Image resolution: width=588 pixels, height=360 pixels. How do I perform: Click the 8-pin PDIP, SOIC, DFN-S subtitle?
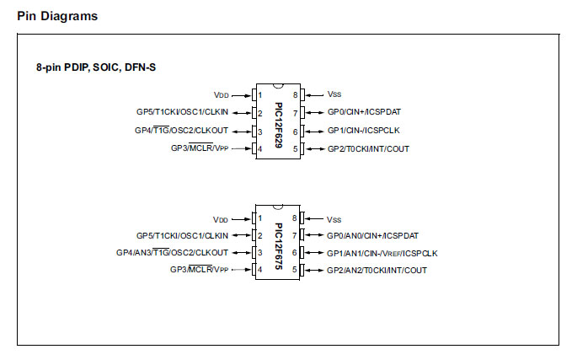tap(95, 67)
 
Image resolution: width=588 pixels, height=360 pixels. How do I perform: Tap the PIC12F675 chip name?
tap(279, 243)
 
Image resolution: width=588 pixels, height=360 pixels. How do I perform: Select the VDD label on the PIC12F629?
tap(221, 94)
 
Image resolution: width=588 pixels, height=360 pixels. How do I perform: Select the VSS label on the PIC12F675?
tap(334, 218)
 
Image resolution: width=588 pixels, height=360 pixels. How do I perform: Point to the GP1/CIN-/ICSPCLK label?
tap(364, 131)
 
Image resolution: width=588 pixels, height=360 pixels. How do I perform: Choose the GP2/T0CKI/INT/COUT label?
tap(368, 149)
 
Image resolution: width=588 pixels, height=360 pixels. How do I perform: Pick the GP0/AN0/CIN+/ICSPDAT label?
tap(373, 236)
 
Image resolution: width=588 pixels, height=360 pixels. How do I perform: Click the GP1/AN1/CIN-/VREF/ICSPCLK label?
tap(382, 253)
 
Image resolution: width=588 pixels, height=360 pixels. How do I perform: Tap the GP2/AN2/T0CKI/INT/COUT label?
tap(377, 271)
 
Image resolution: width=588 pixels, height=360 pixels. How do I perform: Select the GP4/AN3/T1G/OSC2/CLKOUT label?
tap(172, 253)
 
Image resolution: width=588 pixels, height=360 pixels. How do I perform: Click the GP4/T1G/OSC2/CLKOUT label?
tap(181, 131)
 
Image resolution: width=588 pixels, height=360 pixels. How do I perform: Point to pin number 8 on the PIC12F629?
tap(296, 94)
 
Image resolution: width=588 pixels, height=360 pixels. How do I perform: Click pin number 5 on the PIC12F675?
tap(296, 271)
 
